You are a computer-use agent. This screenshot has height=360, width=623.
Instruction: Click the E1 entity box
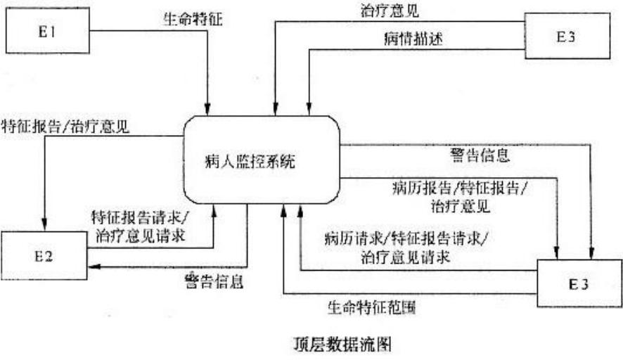click(47, 31)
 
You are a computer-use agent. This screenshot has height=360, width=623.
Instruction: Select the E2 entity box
click(44, 255)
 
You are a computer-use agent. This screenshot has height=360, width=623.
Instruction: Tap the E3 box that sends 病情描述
click(567, 36)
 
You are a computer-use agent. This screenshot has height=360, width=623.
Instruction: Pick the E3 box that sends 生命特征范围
click(579, 283)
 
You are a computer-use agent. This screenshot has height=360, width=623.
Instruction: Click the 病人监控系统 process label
click(250, 161)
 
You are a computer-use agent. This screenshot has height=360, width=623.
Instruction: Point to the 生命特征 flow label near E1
click(193, 19)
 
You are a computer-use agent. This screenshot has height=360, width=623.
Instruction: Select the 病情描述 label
click(413, 39)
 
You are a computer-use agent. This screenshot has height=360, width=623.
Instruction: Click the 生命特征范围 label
click(371, 307)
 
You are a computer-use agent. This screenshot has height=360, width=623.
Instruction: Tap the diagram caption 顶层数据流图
click(342, 344)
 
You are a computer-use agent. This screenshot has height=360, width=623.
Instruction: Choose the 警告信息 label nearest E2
click(214, 281)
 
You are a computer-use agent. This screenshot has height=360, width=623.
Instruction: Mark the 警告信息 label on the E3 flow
click(480, 155)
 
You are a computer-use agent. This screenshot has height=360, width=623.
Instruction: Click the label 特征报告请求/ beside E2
click(141, 217)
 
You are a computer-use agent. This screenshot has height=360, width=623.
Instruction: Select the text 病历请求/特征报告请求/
click(406, 239)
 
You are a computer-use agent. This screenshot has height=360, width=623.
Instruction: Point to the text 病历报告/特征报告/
click(460, 188)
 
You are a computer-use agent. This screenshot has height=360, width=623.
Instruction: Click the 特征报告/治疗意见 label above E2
click(65, 127)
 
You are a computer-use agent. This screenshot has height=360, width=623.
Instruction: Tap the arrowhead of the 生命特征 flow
click(207, 109)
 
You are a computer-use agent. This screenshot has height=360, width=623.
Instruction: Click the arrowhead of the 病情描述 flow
click(309, 109)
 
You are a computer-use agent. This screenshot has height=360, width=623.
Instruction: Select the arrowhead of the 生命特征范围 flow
click(283, 211)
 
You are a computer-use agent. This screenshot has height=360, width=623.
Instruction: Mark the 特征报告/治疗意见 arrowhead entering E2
click(44, 225)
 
